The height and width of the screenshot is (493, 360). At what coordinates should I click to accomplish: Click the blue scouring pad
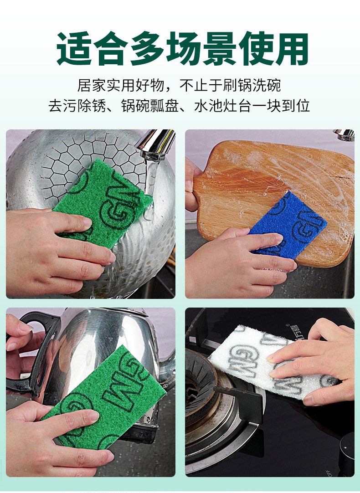(289, 223)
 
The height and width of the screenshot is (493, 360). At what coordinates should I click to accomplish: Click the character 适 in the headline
(73, 48)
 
